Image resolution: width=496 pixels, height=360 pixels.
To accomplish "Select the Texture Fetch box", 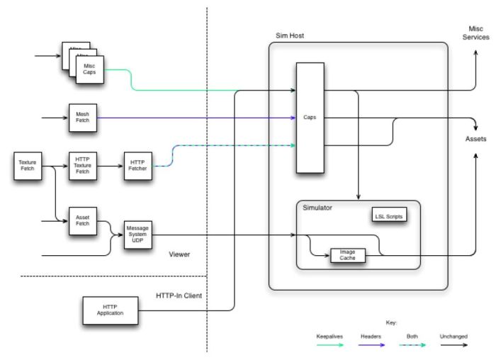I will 28,165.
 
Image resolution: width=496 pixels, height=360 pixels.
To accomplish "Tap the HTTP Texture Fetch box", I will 81,165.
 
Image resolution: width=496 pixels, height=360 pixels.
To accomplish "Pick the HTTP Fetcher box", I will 137,165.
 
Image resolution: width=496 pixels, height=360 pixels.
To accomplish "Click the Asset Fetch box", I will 81,220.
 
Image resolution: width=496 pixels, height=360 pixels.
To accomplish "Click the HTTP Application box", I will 103,310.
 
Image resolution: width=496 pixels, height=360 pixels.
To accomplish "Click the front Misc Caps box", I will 90,69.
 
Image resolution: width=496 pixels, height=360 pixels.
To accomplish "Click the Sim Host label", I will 290,35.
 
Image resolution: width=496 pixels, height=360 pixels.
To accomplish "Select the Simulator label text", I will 317,208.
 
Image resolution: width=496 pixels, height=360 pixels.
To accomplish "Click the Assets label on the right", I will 476,139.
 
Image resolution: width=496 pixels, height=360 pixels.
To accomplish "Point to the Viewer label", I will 181,254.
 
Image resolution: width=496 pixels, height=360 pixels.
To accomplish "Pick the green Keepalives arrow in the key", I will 329,345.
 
